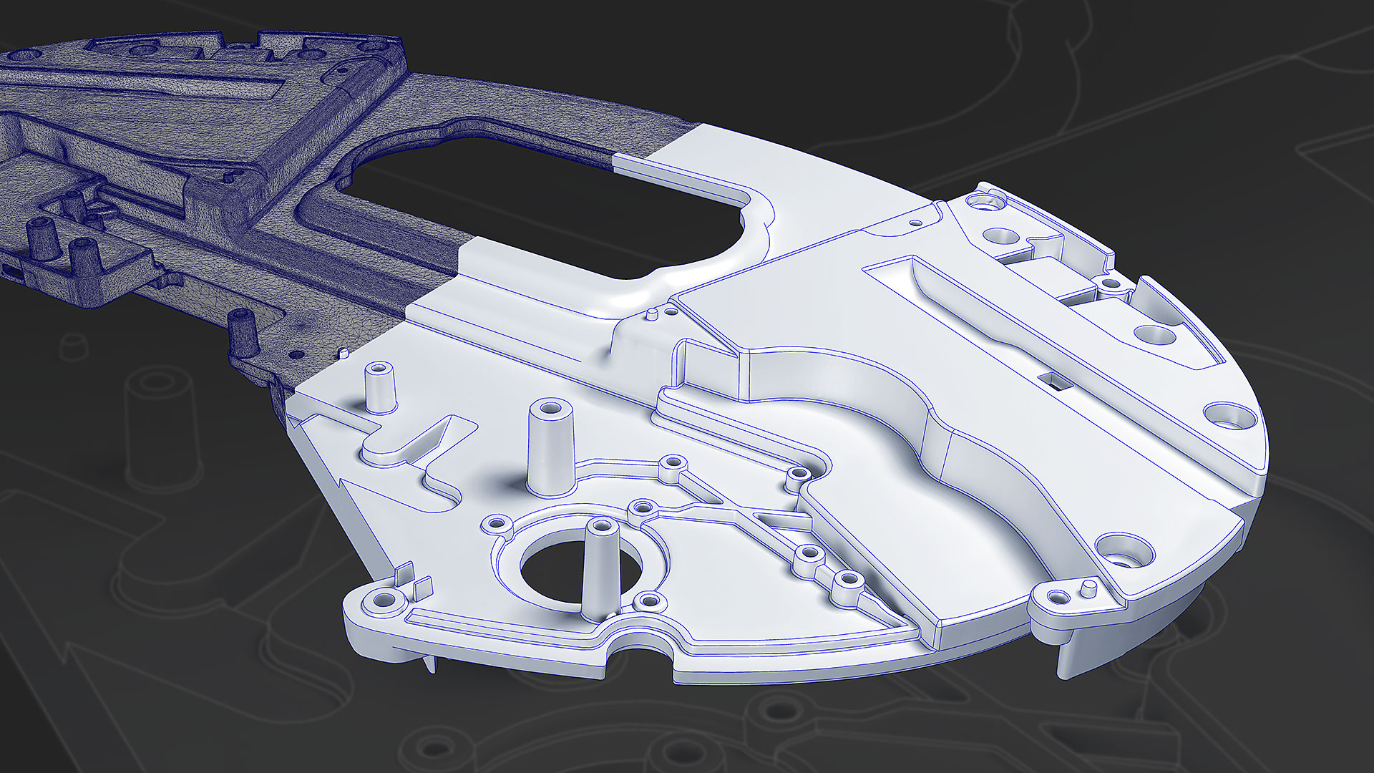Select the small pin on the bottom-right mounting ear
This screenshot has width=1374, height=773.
(x=1088, y=590)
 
